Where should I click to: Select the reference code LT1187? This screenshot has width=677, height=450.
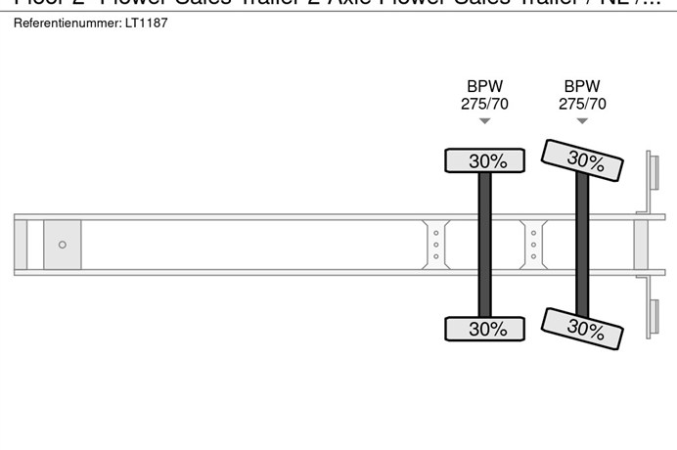click(x=147, y=22)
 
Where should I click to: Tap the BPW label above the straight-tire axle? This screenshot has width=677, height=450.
click(x=484, y=87)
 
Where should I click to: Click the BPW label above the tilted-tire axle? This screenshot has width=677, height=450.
click(x=582, y=87)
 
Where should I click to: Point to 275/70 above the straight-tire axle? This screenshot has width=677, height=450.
click(x=484, y=104)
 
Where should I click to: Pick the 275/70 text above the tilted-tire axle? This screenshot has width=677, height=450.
click(x=582, y=104)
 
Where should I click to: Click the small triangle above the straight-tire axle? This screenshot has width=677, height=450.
click(x=484, y=121)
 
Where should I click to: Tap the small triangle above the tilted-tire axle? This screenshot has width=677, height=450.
click(x=582, y=121)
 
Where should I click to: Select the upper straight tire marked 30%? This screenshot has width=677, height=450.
click(x=485, y=160)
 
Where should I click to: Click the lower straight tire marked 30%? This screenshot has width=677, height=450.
click(x=485, y=329)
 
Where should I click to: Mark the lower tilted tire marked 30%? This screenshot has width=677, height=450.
click(x=582, y=328)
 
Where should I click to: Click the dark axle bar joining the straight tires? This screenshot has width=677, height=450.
click(x=484, y=245)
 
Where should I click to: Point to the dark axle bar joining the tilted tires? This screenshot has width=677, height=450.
click(x=582, y=245)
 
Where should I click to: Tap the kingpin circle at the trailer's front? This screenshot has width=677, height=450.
click(x=63, y=245)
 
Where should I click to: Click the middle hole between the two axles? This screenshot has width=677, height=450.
click(x=533, y=245)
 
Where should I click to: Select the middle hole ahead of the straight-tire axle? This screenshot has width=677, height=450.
click(x=435, y=245)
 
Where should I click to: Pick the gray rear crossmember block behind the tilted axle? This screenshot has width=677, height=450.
click(x=642, y=245)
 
